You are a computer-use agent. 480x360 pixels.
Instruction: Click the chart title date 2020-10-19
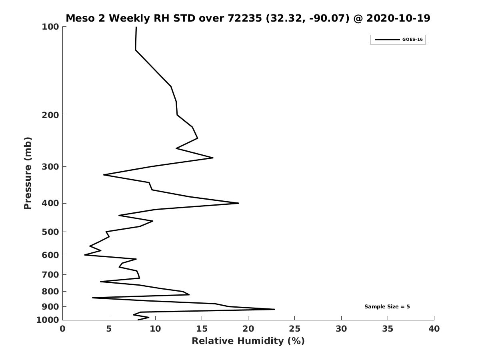[x=398, y=18]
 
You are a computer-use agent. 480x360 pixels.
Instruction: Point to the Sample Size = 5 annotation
[x=387, y=307]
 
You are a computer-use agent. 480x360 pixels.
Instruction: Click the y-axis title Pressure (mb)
[x=28, y=173]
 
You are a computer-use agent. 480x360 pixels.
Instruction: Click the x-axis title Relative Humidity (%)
[x=248, y=341]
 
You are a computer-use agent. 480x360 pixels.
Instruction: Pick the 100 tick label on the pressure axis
[x=50, y=27]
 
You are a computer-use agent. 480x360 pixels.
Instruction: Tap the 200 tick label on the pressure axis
[x=50, y=115]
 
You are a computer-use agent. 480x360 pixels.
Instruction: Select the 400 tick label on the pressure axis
[x=50, y=203]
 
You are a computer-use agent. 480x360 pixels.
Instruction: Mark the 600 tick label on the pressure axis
[x=50, y=255]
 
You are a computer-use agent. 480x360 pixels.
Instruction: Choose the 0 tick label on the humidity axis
[x=63, y=329]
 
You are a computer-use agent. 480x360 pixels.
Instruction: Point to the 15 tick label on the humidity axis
[x=202, y=329]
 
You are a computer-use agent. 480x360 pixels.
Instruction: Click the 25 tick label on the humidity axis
[x=295, y=329]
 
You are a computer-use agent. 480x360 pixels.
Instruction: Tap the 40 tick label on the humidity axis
[x=434, y=329]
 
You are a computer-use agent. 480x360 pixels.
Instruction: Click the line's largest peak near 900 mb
[x=274, y=309]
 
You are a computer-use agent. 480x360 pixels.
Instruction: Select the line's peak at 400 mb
[x=238, y=203]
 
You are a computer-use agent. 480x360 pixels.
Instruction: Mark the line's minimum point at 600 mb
[x=85, y=255]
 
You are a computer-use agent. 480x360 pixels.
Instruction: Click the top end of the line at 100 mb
[x=136, y=27]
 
